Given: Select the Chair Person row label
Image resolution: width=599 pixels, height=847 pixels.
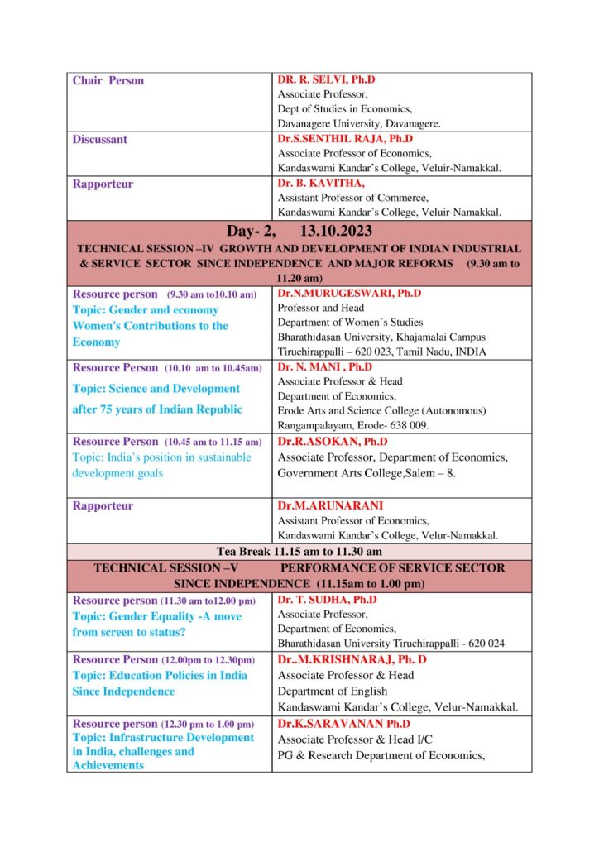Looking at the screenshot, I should pos(108,80).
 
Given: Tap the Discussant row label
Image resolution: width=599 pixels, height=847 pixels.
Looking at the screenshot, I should pos(100,140).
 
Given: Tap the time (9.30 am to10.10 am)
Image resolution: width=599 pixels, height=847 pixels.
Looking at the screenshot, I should pos(212,294).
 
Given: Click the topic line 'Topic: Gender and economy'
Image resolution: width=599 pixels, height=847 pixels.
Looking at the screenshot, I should pos(146,310).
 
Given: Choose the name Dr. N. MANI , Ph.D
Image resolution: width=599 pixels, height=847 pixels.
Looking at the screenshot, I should pos(325,367).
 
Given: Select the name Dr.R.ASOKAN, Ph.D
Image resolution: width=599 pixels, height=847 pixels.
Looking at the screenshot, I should pos(327,442).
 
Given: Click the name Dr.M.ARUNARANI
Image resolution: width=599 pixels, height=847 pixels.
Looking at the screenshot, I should pos(319,505).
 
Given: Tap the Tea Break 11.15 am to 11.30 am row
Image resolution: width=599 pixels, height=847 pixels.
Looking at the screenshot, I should pos(299,551).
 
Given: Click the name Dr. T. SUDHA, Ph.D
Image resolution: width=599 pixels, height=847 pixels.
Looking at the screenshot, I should pos(327,600).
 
